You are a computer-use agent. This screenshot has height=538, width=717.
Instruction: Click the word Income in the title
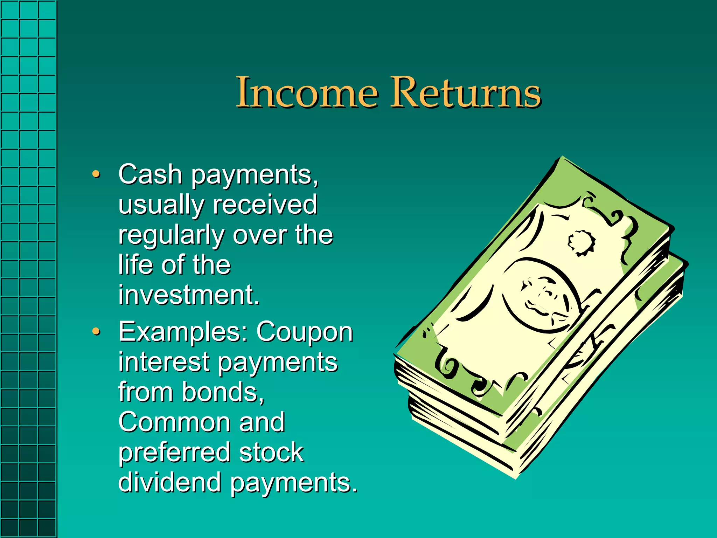click(x=307, y=92)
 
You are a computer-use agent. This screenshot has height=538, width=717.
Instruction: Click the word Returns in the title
click(x=465, y=92)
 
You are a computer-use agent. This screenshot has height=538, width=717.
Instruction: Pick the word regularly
click(x=171, y=236)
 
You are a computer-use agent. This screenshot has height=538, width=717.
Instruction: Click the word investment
click(x=189, y=295)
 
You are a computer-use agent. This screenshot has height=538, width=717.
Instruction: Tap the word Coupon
click(x=305, y=332)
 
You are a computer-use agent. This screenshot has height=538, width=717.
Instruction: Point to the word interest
click(x=164, y=362)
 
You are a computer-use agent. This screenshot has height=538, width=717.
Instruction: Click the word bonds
click(x=222, y=392)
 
